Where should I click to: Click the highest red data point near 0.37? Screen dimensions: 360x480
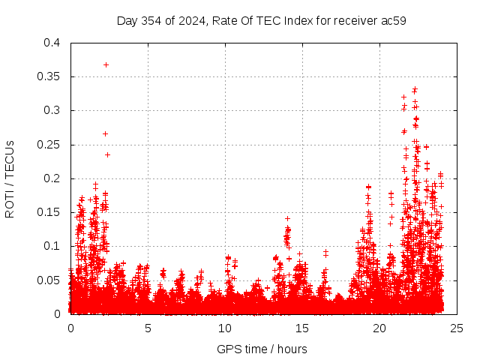click(x=106, y=64)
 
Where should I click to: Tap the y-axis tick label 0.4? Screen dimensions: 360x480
click(x=51, y=43)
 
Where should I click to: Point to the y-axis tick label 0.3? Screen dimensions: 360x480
click(x=51, y=110)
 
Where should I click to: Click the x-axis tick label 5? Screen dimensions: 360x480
click(x=148, y=328)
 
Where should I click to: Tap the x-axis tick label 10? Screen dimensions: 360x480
click(x=225, y=328)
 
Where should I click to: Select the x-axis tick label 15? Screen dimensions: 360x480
click(x=302, y=328)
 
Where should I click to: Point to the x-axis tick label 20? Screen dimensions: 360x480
click(x=379, y=328)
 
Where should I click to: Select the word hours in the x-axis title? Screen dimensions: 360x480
click(x=290, y=349)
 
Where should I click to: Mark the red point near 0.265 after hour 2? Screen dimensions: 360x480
click(x=105, y=133)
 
